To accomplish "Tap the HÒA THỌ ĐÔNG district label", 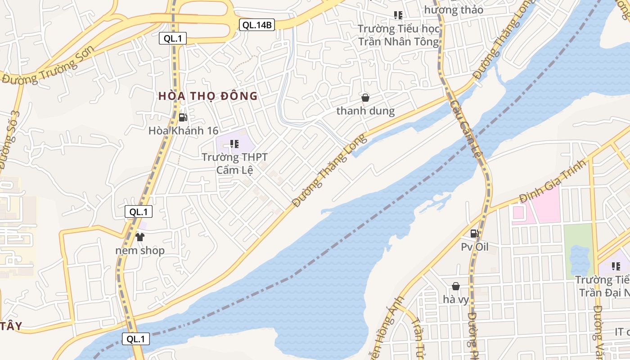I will click(208, 96).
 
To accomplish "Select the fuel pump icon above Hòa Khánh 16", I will click(183, 117).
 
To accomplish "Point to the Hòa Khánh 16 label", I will click(183, 131).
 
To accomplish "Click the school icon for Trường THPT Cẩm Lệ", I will click(234, 144).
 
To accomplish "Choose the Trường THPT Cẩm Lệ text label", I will click(234, 163).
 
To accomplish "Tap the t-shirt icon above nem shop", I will click(140, 237).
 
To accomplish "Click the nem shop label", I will click(140, 251).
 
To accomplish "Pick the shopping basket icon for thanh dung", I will click(365, 97).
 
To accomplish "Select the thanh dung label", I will click(365, 111).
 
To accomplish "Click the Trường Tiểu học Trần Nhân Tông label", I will click(398, 35).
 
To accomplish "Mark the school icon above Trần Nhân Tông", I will click(398, 15).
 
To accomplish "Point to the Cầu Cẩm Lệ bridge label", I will click(466, 129).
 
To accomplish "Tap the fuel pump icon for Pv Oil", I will click(474, 233).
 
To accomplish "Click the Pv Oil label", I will click(475, 247).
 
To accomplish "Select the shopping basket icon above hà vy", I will click(456, 286).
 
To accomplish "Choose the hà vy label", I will click(456, 299).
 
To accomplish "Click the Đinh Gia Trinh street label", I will click(553, 180).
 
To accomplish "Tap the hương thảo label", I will click(454, 9).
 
